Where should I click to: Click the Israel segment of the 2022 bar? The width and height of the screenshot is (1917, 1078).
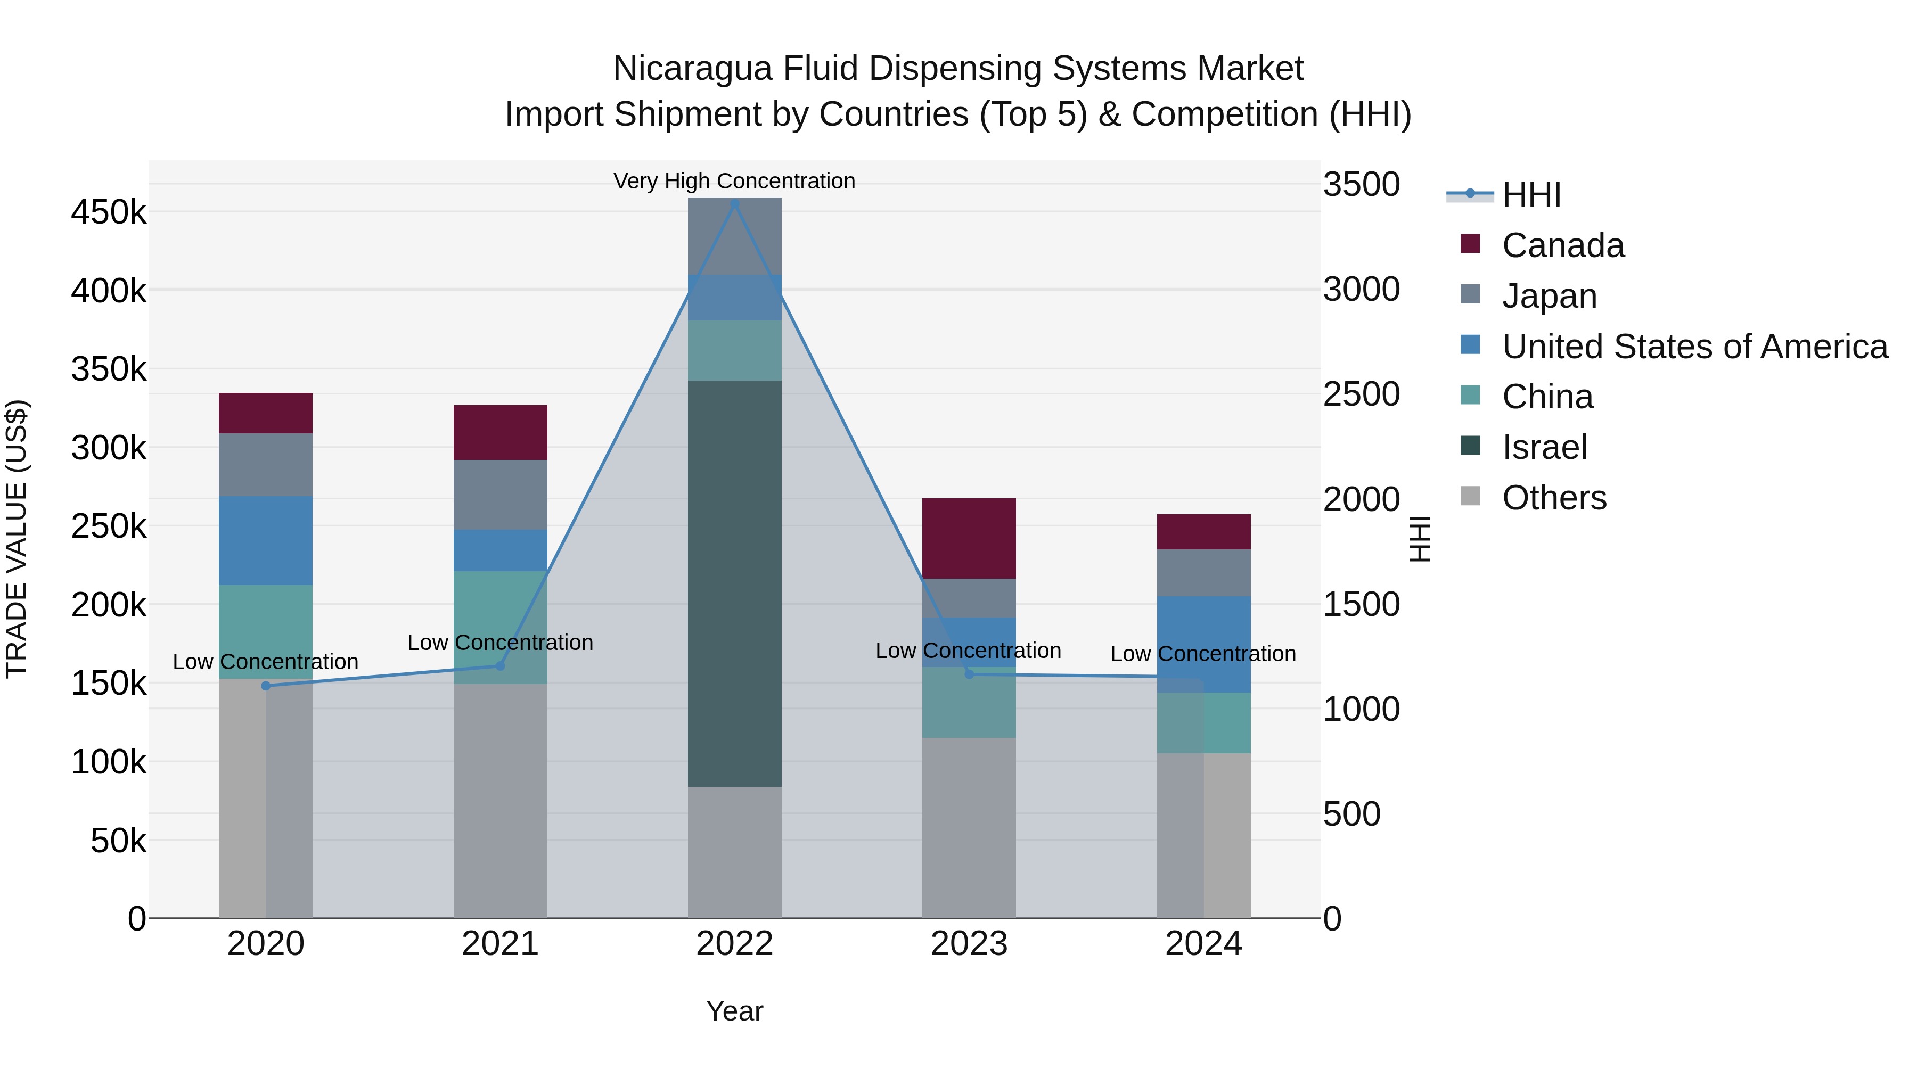734,583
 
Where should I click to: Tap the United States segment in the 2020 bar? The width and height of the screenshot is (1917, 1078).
266,540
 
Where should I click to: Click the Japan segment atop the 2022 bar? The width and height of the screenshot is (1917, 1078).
734,236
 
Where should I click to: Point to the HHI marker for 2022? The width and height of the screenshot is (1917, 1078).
734,203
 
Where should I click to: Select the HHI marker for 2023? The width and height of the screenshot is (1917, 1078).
969,674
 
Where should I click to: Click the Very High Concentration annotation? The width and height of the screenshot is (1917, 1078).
734,181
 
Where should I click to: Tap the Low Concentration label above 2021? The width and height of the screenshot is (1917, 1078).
500,643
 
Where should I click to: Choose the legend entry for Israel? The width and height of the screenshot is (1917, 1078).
1544,447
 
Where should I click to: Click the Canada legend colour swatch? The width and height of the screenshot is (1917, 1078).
1470,243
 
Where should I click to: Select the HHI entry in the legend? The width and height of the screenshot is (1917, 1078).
1531,195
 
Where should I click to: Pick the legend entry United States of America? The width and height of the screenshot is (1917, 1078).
1694,347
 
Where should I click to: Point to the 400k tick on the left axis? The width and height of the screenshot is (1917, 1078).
109,290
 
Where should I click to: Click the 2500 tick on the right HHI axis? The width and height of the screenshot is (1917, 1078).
1361,394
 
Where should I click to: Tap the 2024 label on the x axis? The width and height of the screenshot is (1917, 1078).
1203,944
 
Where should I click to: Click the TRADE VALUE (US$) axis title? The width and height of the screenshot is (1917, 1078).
17,539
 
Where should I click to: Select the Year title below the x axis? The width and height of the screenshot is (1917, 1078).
734,1011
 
